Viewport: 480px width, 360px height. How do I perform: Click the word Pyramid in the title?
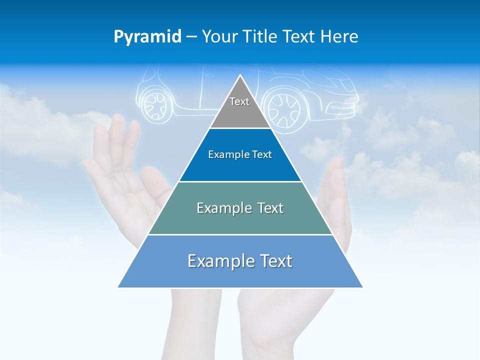[147, 37]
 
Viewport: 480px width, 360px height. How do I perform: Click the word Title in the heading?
[260, 37]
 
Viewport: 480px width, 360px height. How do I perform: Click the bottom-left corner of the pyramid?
[118, 287]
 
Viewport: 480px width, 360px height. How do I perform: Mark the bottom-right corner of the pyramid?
[362, 287]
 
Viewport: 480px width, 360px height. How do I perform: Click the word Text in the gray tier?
[239, 101]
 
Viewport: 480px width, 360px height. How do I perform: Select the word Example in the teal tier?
[219, 208]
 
